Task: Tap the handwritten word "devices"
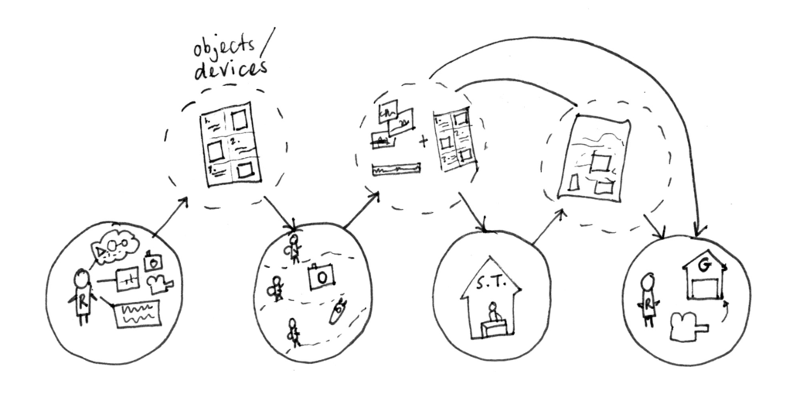click(229, 70)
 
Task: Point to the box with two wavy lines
click(138, 314)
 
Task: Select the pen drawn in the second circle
click(338, 314)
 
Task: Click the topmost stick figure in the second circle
click(294, 249)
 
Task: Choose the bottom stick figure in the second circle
click(293, 331)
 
